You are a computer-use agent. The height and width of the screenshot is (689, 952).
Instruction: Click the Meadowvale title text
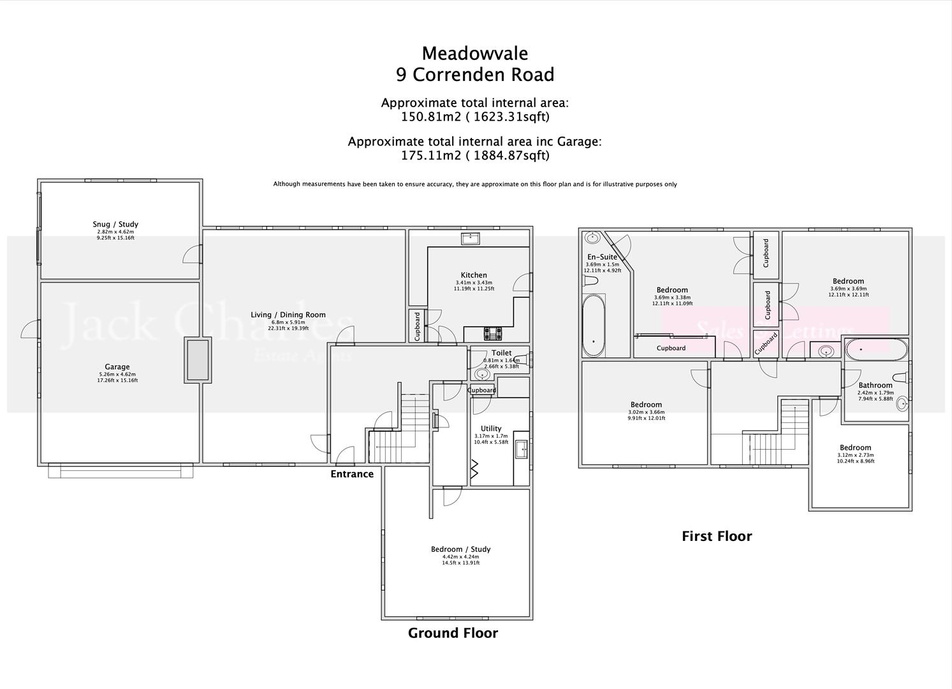click(474, 53)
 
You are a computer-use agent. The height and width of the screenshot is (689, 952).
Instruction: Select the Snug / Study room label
click(115, 224)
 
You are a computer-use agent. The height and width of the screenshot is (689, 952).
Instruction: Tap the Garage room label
click(117, 367)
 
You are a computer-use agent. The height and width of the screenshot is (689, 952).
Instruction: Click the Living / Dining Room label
click(288, 315)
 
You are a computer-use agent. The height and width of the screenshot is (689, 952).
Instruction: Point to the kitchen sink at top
click(471, 239)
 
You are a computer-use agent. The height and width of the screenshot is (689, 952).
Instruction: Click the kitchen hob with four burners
click(493, 334)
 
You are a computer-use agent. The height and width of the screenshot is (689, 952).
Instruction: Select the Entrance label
click(352, 474)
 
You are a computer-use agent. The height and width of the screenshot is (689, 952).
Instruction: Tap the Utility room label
click(491, 429)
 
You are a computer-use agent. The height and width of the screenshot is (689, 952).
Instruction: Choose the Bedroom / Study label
click(460, 549)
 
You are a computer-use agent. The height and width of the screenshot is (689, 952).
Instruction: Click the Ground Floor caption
click(453, 633)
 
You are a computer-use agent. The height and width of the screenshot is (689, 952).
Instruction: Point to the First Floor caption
click(717, 537)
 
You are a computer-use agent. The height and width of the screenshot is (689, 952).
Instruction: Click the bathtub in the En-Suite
click(594, 325)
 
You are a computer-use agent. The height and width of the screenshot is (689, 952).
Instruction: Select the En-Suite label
click(602, 257)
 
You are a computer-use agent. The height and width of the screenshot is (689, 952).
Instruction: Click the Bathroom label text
click(875, 385)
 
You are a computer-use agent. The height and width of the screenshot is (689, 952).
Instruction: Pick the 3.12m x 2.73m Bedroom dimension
click(855, 455)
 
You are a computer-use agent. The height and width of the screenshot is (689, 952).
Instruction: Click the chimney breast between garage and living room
click(198, 360)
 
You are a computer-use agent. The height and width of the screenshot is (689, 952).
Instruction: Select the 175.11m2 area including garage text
click(474, 155)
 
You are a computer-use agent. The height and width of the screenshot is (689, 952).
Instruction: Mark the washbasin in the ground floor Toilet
click(482, 374)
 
